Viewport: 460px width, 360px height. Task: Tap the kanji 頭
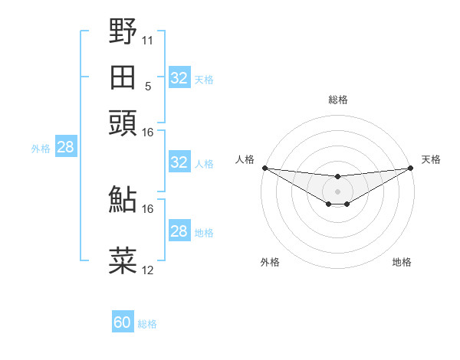click(x=123, y=123)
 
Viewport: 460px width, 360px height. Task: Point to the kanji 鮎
click(x=123, y=199)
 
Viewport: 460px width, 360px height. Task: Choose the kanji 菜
click(x=123, y=260)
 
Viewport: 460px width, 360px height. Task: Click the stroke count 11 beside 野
click(x=147, y=39)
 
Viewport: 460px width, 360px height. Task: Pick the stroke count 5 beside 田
click(x=147, y=86)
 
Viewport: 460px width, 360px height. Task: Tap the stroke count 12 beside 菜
click(x=147, y=270)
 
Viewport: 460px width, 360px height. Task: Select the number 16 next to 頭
click(x=147, y=132)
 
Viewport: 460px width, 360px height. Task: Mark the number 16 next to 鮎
click(x=147, y=208)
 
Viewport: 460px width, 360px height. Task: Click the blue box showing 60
click(x=123, y=322)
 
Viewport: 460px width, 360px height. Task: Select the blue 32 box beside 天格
click(x=179, y=78)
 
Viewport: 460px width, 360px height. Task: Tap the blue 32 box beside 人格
click(x=179, y=162)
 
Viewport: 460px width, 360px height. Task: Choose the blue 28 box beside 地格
click(x=179, y=231)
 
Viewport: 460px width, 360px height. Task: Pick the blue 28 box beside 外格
click(x=65, y=147)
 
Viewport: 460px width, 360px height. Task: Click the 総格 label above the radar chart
click(x=338, y=100)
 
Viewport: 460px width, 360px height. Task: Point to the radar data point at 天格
click(x=411, y=168)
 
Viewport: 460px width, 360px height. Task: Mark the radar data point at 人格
click(x=264, y=168)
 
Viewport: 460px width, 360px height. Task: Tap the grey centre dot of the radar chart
click(x=337, y=191)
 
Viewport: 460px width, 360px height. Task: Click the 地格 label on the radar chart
click(x=402, y=262)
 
